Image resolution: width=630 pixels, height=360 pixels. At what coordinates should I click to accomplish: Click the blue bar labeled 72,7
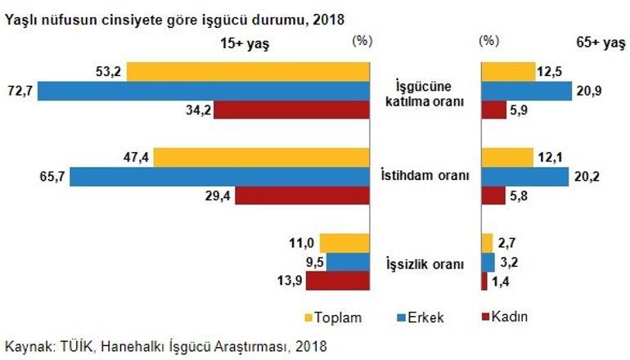(204, 91)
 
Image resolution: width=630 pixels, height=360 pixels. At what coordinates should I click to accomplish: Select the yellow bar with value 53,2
(248, 72)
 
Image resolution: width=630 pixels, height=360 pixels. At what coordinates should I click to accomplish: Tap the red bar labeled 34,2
(292, 110)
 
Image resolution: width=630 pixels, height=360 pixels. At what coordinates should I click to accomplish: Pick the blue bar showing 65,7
(220, 177)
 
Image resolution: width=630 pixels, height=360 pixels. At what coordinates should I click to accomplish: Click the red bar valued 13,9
(338, 281)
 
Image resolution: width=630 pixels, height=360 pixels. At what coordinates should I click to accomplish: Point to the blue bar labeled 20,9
(527, 91)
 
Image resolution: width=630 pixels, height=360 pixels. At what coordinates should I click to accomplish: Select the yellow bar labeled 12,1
(507, 157)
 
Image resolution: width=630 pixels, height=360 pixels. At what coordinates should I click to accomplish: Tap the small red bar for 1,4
(484, 281)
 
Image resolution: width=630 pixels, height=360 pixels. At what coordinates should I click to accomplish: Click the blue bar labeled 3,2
(488, 263)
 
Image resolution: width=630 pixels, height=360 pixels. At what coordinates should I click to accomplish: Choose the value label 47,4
(136, 157)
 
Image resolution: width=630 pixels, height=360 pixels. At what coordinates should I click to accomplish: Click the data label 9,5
(315, 263)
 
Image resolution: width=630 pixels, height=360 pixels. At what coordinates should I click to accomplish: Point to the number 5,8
(519, 196)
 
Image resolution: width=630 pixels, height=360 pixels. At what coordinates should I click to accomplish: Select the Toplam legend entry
(334, 317)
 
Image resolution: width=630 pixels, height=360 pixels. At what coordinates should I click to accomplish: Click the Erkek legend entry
(421, 317)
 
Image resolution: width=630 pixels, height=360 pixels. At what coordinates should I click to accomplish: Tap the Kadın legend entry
(505, 317)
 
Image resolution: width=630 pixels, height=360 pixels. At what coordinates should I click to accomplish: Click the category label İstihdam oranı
(425, 176)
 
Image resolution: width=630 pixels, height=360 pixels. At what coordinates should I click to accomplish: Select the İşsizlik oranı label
(425, 264)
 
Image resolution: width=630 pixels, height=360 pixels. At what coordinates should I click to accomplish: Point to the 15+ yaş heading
(245, 43)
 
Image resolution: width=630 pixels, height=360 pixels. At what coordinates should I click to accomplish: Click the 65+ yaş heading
(601, 43)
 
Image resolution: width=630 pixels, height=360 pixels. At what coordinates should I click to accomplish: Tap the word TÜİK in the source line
(76, 346)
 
